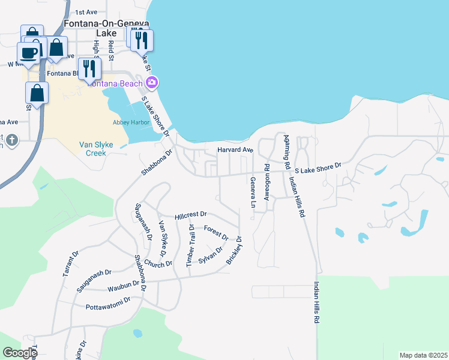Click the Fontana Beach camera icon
point(152,82)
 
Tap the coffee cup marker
point(29,52)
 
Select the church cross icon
point(11,141)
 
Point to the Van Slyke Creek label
point(93,148)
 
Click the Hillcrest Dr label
point(190,214)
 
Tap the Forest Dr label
point(216,232)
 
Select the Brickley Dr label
point(234,251)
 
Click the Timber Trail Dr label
point(190,246)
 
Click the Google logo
point(20,353)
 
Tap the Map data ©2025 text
point(423,355)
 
